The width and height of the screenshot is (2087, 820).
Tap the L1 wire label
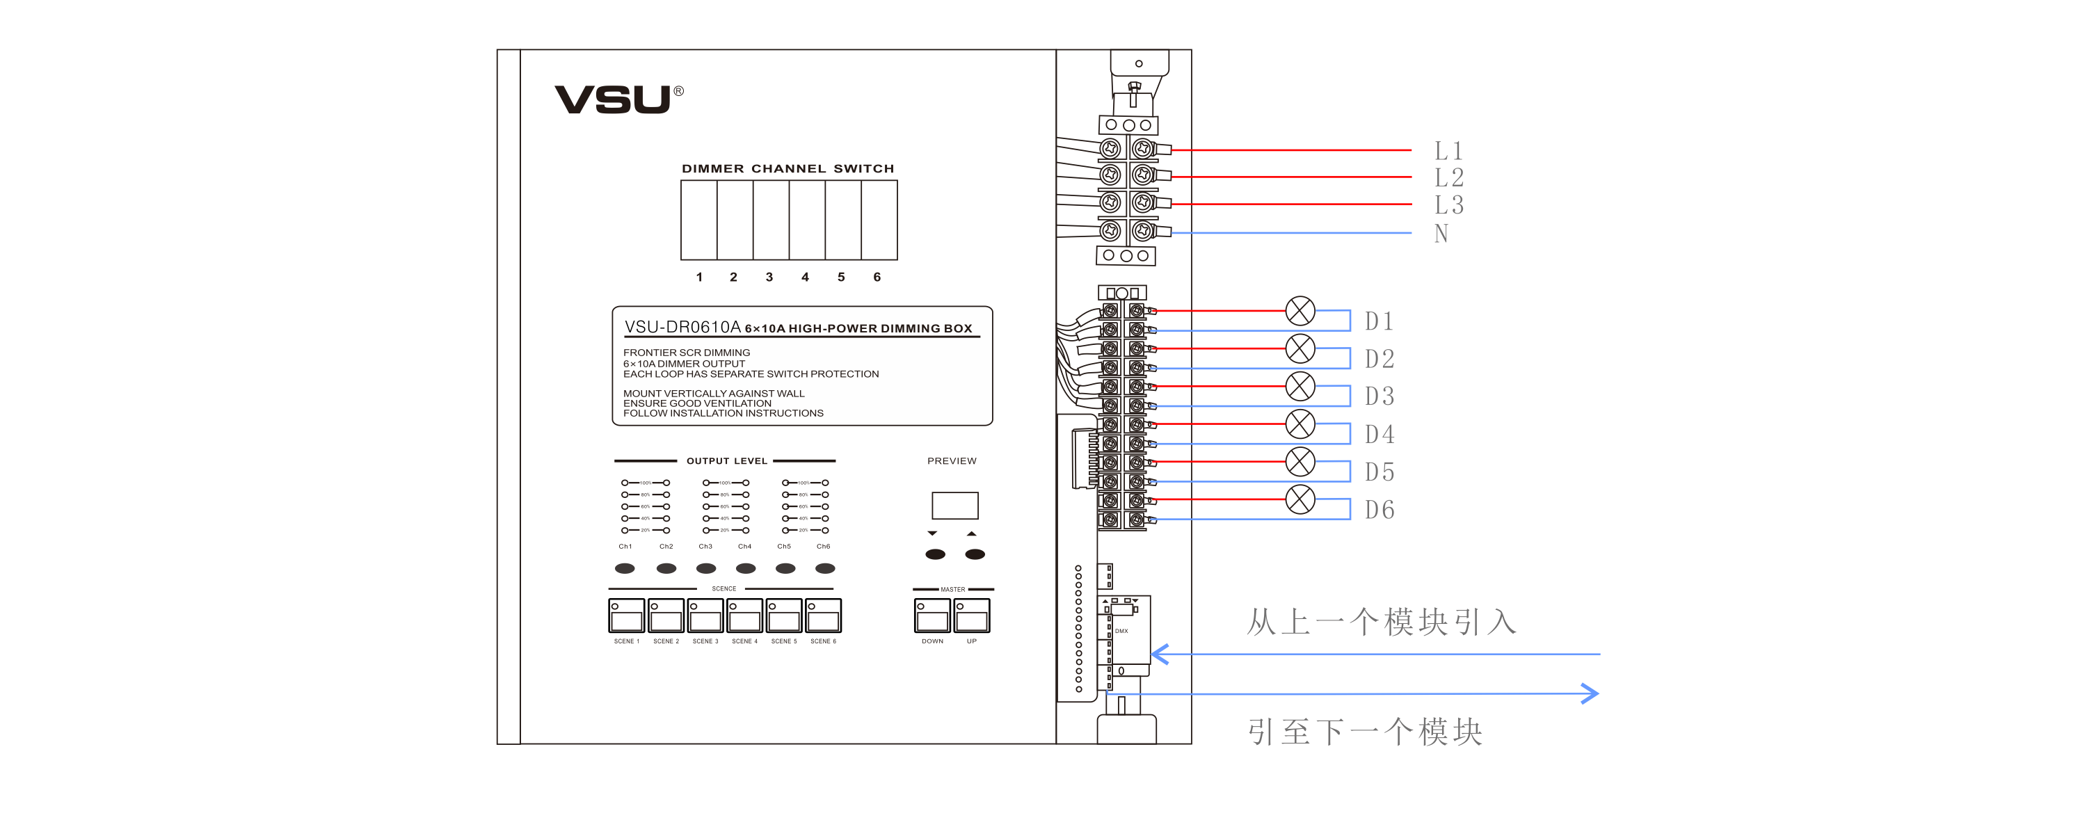(1448, 151)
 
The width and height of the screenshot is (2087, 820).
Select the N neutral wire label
(1441, 234)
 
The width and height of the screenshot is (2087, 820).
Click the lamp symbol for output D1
(1300, 310)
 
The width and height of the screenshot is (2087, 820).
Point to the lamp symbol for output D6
(1300, 499)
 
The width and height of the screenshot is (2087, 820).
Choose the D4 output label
(1379, 434)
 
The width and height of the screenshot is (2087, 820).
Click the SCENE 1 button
(626, 616)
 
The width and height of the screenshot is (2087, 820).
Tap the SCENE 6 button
(823, 616)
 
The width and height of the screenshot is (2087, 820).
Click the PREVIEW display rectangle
(954, 505)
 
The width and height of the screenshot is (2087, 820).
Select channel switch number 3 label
(769, 277)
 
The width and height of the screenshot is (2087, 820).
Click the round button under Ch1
(625, 568)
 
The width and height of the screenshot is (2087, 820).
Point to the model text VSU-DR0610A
(682, 327)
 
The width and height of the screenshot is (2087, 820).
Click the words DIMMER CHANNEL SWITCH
(787, 168)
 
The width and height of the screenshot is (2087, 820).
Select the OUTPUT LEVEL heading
(727, 461)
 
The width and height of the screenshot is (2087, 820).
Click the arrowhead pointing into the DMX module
(1160, 654)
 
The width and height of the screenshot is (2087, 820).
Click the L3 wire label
(1448, 205)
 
